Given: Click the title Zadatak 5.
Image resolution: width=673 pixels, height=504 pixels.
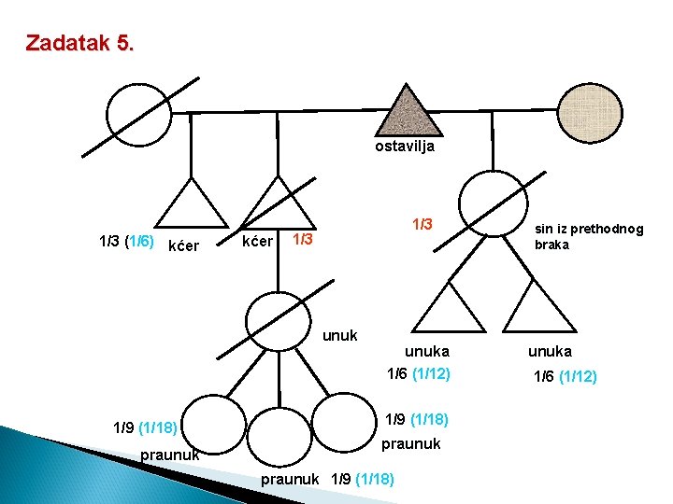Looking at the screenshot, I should pyautogui.click(x=79, y=43).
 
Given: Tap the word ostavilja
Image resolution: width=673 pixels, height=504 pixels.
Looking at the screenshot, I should pyautogui.click(x=405, y=147).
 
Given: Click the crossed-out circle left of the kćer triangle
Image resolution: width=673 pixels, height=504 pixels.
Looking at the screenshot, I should pyautogui.click(x=138, y=114).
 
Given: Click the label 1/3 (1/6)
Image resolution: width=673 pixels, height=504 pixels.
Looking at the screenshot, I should pyautogui.click(x=126, y=241).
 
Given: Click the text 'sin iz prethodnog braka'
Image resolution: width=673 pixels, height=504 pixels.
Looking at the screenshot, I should pyautogui.click(x=588, y=236).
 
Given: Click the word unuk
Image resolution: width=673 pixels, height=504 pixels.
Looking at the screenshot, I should pyautogui.click(x=340, y=335).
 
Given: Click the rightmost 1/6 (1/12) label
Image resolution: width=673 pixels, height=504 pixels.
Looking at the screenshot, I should pyautogui.click(x=565, y=376).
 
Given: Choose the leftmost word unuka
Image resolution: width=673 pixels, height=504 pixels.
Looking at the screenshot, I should pyautogui.click(x=426, y=351).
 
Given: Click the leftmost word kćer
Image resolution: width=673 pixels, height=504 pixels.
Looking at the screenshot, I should pyautogui.click(x=181, y=246).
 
